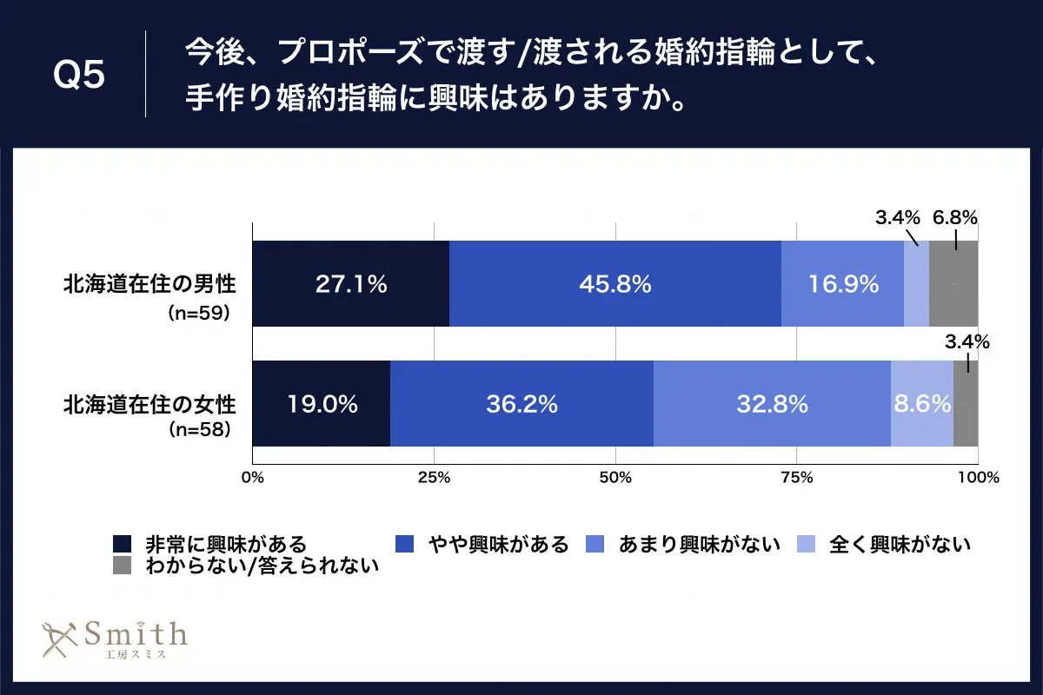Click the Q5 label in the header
coord(79,76)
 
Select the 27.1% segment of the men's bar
coord(350,283)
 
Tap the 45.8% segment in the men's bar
coord(615,283)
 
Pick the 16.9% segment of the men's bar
coord(841,283)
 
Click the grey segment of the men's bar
coord(953,283)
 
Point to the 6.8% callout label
coord(956,218)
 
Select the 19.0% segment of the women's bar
coord(321,403)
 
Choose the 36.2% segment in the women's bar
coord(521,403)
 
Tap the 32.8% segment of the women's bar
coord(772,403)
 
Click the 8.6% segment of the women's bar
coord(921,403)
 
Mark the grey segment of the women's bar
coord(966,403)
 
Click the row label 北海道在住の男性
coord(149,283)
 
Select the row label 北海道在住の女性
coord(149,403)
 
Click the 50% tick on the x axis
coord(615,477)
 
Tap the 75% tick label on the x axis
coord(797,477)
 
